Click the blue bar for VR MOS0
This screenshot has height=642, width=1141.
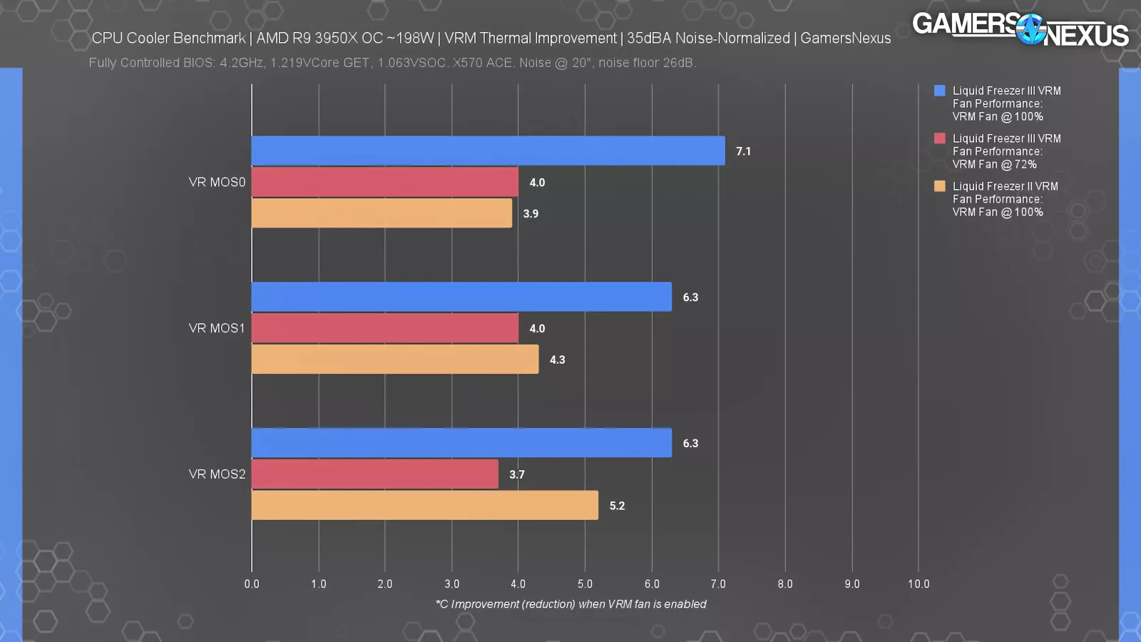point(488,151)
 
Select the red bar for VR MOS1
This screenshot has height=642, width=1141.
point(385,328)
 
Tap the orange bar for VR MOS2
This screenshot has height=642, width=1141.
point(425,505)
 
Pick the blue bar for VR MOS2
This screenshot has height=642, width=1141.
point(461,443)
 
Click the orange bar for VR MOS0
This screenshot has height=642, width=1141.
point(382,213)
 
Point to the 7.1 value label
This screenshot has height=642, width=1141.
point(743,151)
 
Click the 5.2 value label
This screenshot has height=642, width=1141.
point(617,506)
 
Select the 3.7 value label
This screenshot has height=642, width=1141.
point(517,474)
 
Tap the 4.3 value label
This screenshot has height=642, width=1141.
point(557,360)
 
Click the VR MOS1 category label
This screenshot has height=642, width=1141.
point(217,328)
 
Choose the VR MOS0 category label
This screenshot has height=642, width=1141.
point(217,182)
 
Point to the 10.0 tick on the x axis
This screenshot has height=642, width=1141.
point(919,584)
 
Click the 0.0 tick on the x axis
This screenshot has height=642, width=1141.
point(252,584)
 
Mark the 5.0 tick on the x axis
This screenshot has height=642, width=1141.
point(585,584)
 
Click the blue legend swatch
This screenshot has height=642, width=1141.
point(940,91)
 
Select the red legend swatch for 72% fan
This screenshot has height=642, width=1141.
point(940,138)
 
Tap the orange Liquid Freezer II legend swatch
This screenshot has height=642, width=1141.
point(940,186)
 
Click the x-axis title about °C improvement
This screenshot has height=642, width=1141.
point(570,604)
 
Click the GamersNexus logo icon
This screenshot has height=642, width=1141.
point(1030,29)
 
